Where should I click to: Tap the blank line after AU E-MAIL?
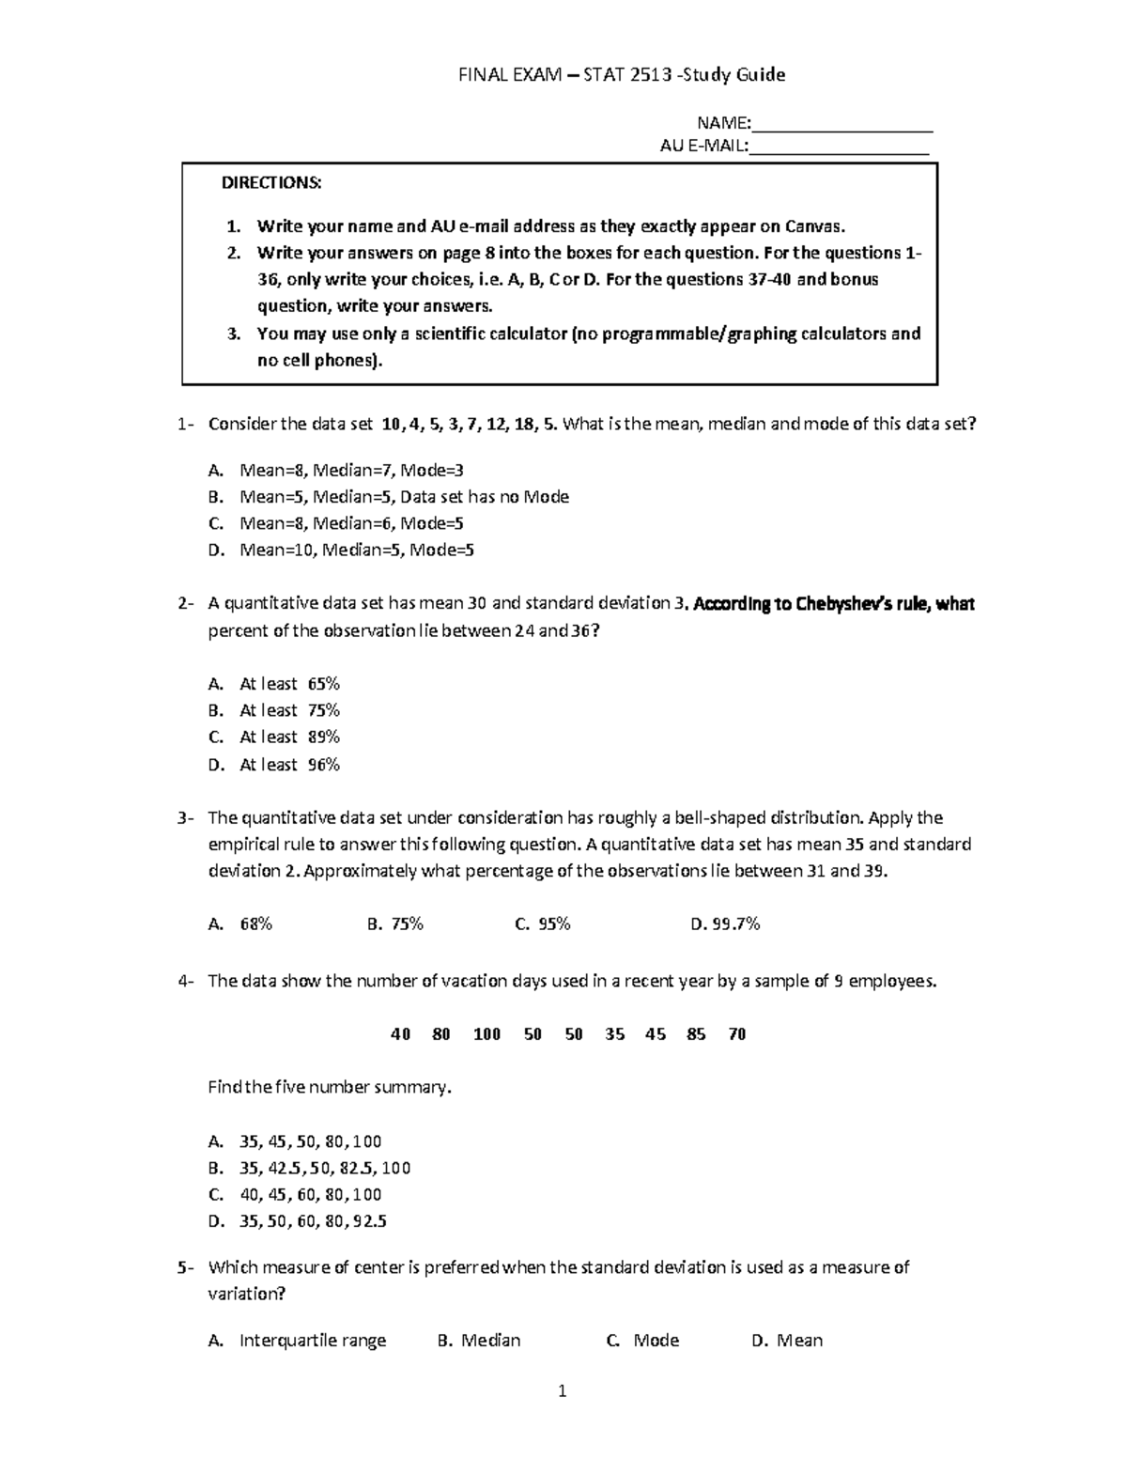pyautogui.click(x=839, y=148)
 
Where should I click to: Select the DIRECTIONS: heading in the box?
pyautogui.click(x=271, y=183)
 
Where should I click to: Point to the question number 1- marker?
pyautogui.click(x=185, y=424)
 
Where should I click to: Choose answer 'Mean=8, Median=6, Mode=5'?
pyautogui.click(x=351, y=523)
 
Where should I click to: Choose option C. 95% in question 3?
pyautogui.click(x=543, y=924)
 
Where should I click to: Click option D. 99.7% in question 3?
pyautogui.click(x=725, y=924)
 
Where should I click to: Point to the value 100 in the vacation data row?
pyautogui.click(x=486, y=1034)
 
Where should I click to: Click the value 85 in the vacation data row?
pyautogui.click(x=696, y=1034)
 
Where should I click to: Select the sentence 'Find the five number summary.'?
pyautogui.click(x=330, y=1088)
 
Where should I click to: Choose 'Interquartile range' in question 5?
pyautogui.click(x=313, y=1341)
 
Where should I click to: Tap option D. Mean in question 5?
pyautogui.click(x=787, y=1341)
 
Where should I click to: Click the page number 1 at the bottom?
pyautogui.click(x=563, y=1391)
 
